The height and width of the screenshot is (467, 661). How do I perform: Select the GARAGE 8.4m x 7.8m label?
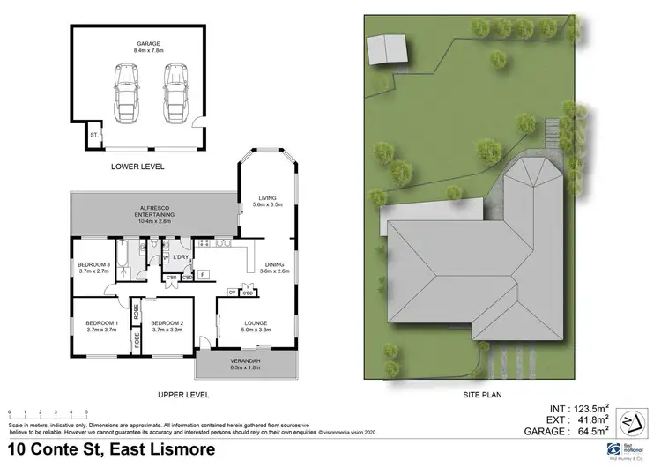click(x=148, y=46)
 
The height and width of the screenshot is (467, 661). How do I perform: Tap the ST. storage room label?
click(x=93, y=136)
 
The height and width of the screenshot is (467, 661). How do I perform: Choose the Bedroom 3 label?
click(x=93, y=268)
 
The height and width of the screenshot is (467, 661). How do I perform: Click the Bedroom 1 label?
click(x=100, y=327)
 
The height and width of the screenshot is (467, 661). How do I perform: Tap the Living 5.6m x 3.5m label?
click(x=266, y=201)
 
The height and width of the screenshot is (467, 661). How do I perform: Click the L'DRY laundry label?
click(x=181, y=257)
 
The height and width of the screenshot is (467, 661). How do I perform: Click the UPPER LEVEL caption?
click(x=182, y=395)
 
